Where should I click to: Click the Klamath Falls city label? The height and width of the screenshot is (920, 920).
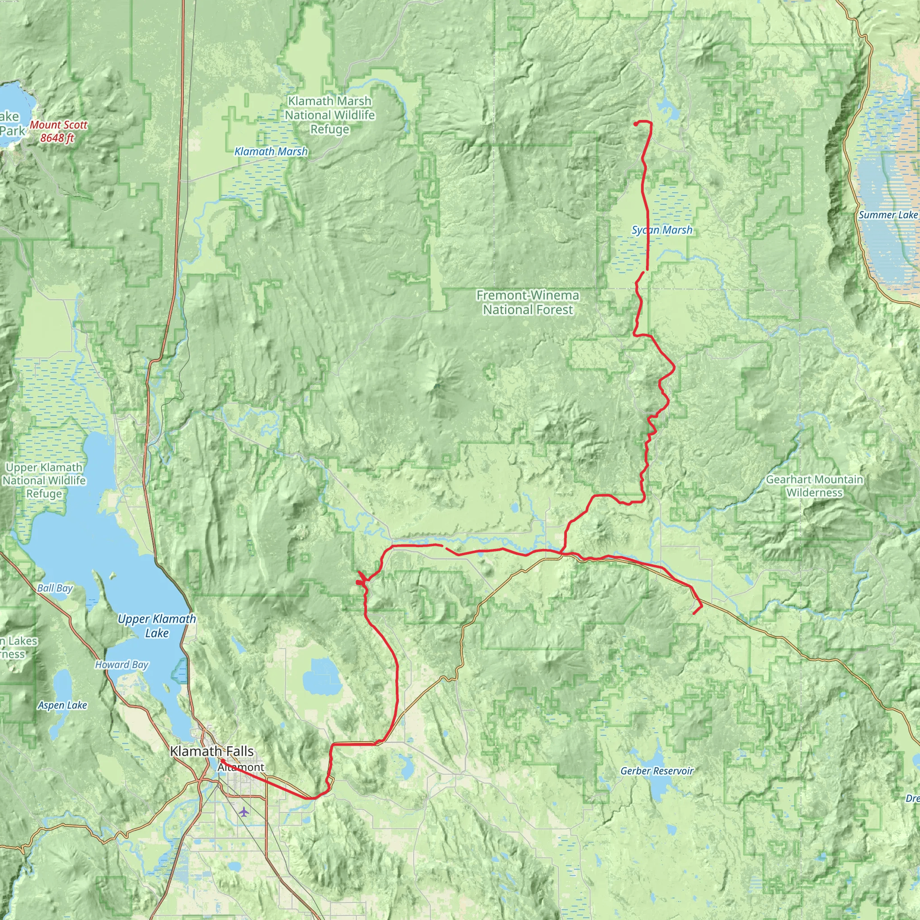[x=212, y=752]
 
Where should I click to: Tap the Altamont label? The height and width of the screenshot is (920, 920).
[x=241, y=767]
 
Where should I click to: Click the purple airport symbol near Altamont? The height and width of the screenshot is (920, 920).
[x=244, y=811]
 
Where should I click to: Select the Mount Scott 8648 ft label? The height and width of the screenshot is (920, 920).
[x=58, y=132]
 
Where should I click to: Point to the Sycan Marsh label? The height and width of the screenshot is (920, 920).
[x=662, y=230]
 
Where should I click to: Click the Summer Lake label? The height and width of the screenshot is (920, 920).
[x=888, y=215]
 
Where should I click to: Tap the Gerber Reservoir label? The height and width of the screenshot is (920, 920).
[x=657, y=770]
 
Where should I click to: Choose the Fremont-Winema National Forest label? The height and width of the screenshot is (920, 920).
[x=528, y=302]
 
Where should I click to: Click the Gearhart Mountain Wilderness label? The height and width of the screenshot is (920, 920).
[x=814, y=486]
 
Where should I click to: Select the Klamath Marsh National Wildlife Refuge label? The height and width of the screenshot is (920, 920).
[x=330, y=115]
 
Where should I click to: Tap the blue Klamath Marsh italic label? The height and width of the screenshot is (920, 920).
[x=271, y=151]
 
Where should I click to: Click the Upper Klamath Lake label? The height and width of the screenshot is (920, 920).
[x=157, y=626]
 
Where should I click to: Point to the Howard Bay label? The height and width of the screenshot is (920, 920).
[x=121, y=664]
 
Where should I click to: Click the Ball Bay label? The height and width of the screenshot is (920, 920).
[x=55, y=588]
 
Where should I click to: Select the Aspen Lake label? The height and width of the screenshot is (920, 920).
[x=62, y=705]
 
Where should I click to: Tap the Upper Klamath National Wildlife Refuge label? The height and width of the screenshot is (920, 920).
[x=44, y=481]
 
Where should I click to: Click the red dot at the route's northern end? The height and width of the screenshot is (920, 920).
[x=636, y=124]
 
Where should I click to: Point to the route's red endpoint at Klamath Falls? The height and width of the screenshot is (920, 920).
[x=221, y=761]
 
